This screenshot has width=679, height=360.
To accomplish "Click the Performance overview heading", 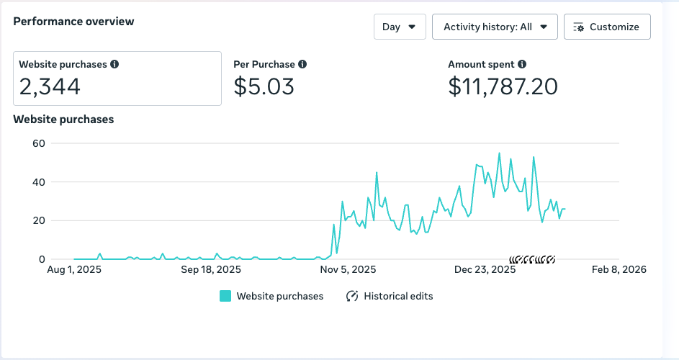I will [73, 22].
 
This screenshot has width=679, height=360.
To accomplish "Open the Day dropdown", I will [400, 27].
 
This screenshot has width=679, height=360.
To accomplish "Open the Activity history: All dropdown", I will [495, 27].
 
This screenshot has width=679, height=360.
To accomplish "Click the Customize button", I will [607, 27].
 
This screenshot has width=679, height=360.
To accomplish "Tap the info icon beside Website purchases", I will [114, 64].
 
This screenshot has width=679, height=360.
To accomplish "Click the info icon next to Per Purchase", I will [302, 64].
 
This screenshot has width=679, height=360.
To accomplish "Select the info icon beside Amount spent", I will [522, 64].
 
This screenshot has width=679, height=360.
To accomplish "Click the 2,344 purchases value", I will [50, 87].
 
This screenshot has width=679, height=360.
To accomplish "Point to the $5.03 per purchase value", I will [264, 87].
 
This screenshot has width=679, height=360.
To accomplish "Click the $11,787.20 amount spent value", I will [503, 87].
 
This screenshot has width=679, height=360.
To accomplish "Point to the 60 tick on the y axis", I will [39, 143].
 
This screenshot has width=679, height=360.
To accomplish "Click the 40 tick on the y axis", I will [39, 182].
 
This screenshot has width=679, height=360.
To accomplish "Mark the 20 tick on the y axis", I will [39, 220].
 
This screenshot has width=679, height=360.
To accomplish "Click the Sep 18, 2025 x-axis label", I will [211, 270].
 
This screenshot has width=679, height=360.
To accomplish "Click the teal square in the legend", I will [225, 296].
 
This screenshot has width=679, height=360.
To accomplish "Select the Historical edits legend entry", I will [390, 296].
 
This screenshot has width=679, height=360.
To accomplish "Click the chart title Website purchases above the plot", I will [63, 120].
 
